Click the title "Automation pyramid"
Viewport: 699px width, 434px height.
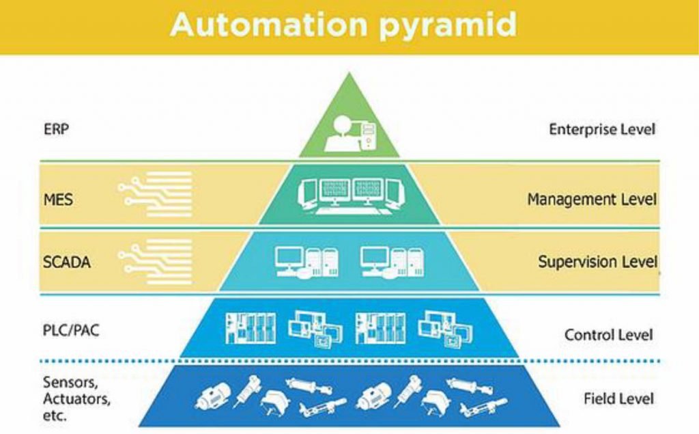pyautogui.click(x=343, y=25)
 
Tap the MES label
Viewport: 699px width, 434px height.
pyautogui.click(x=57, y=201)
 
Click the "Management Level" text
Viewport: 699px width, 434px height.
pyautogui.click(x=591, y=200)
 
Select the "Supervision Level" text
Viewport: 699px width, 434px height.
pyautogui.click(x=597, y=262)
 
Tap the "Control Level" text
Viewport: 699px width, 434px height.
pyautogui.click(x=608, y=335)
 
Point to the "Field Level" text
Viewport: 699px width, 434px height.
pyautogui.click(x=618, y=398)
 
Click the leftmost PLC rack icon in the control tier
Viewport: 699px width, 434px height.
pyautogui.click(x=250, y=328)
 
